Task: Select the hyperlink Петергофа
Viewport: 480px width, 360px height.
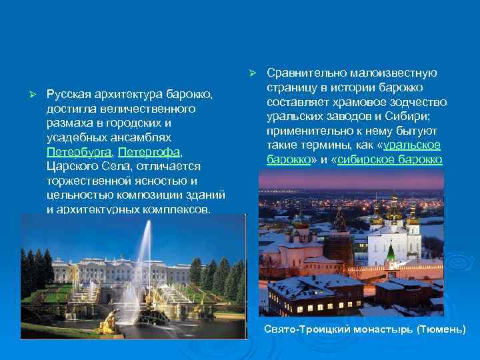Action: point(149,152)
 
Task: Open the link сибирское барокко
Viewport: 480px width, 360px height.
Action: point(390,159)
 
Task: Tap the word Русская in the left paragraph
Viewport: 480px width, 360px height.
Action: point(71,94)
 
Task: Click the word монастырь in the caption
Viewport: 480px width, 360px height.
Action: point(375,330)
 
